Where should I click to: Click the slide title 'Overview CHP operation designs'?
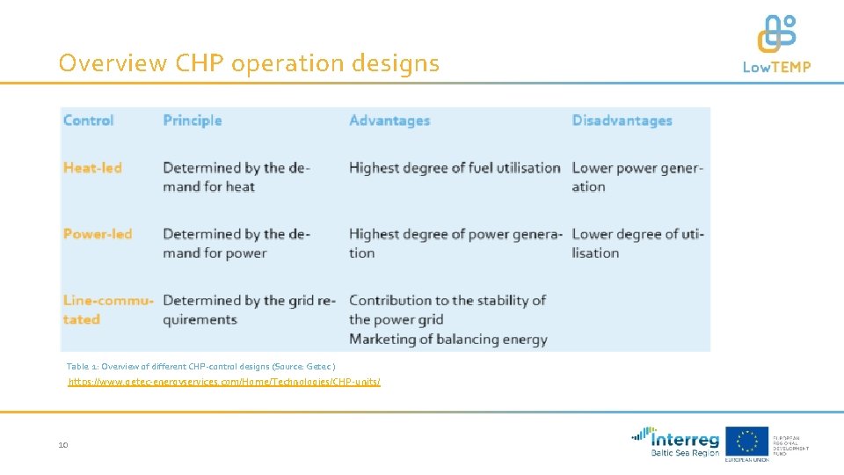point(249,63)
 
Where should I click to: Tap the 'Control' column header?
point(89,121)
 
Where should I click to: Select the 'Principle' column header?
point(193,121)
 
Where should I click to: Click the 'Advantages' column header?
point(389,121)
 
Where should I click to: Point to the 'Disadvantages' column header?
point(622,121)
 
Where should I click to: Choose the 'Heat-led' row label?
point(92,167)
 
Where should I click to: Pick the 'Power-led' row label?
point(98,234)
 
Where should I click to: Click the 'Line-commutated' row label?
point(107,310)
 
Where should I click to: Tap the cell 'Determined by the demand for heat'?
point(236,177)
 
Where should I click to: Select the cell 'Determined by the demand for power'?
point(236,244)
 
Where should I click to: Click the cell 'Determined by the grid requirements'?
point(249,310)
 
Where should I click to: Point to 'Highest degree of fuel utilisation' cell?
point(455,167)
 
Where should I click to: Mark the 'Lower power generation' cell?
point(637,177)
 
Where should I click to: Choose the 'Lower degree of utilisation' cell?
point(637,244)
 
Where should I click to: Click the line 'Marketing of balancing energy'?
point(448,339)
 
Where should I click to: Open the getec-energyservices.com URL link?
point(224,382)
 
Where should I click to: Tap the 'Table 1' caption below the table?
point(201,366)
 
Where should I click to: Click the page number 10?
point(63,446)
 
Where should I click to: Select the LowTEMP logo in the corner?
point(776,44)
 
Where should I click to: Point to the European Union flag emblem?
point(746,441)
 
